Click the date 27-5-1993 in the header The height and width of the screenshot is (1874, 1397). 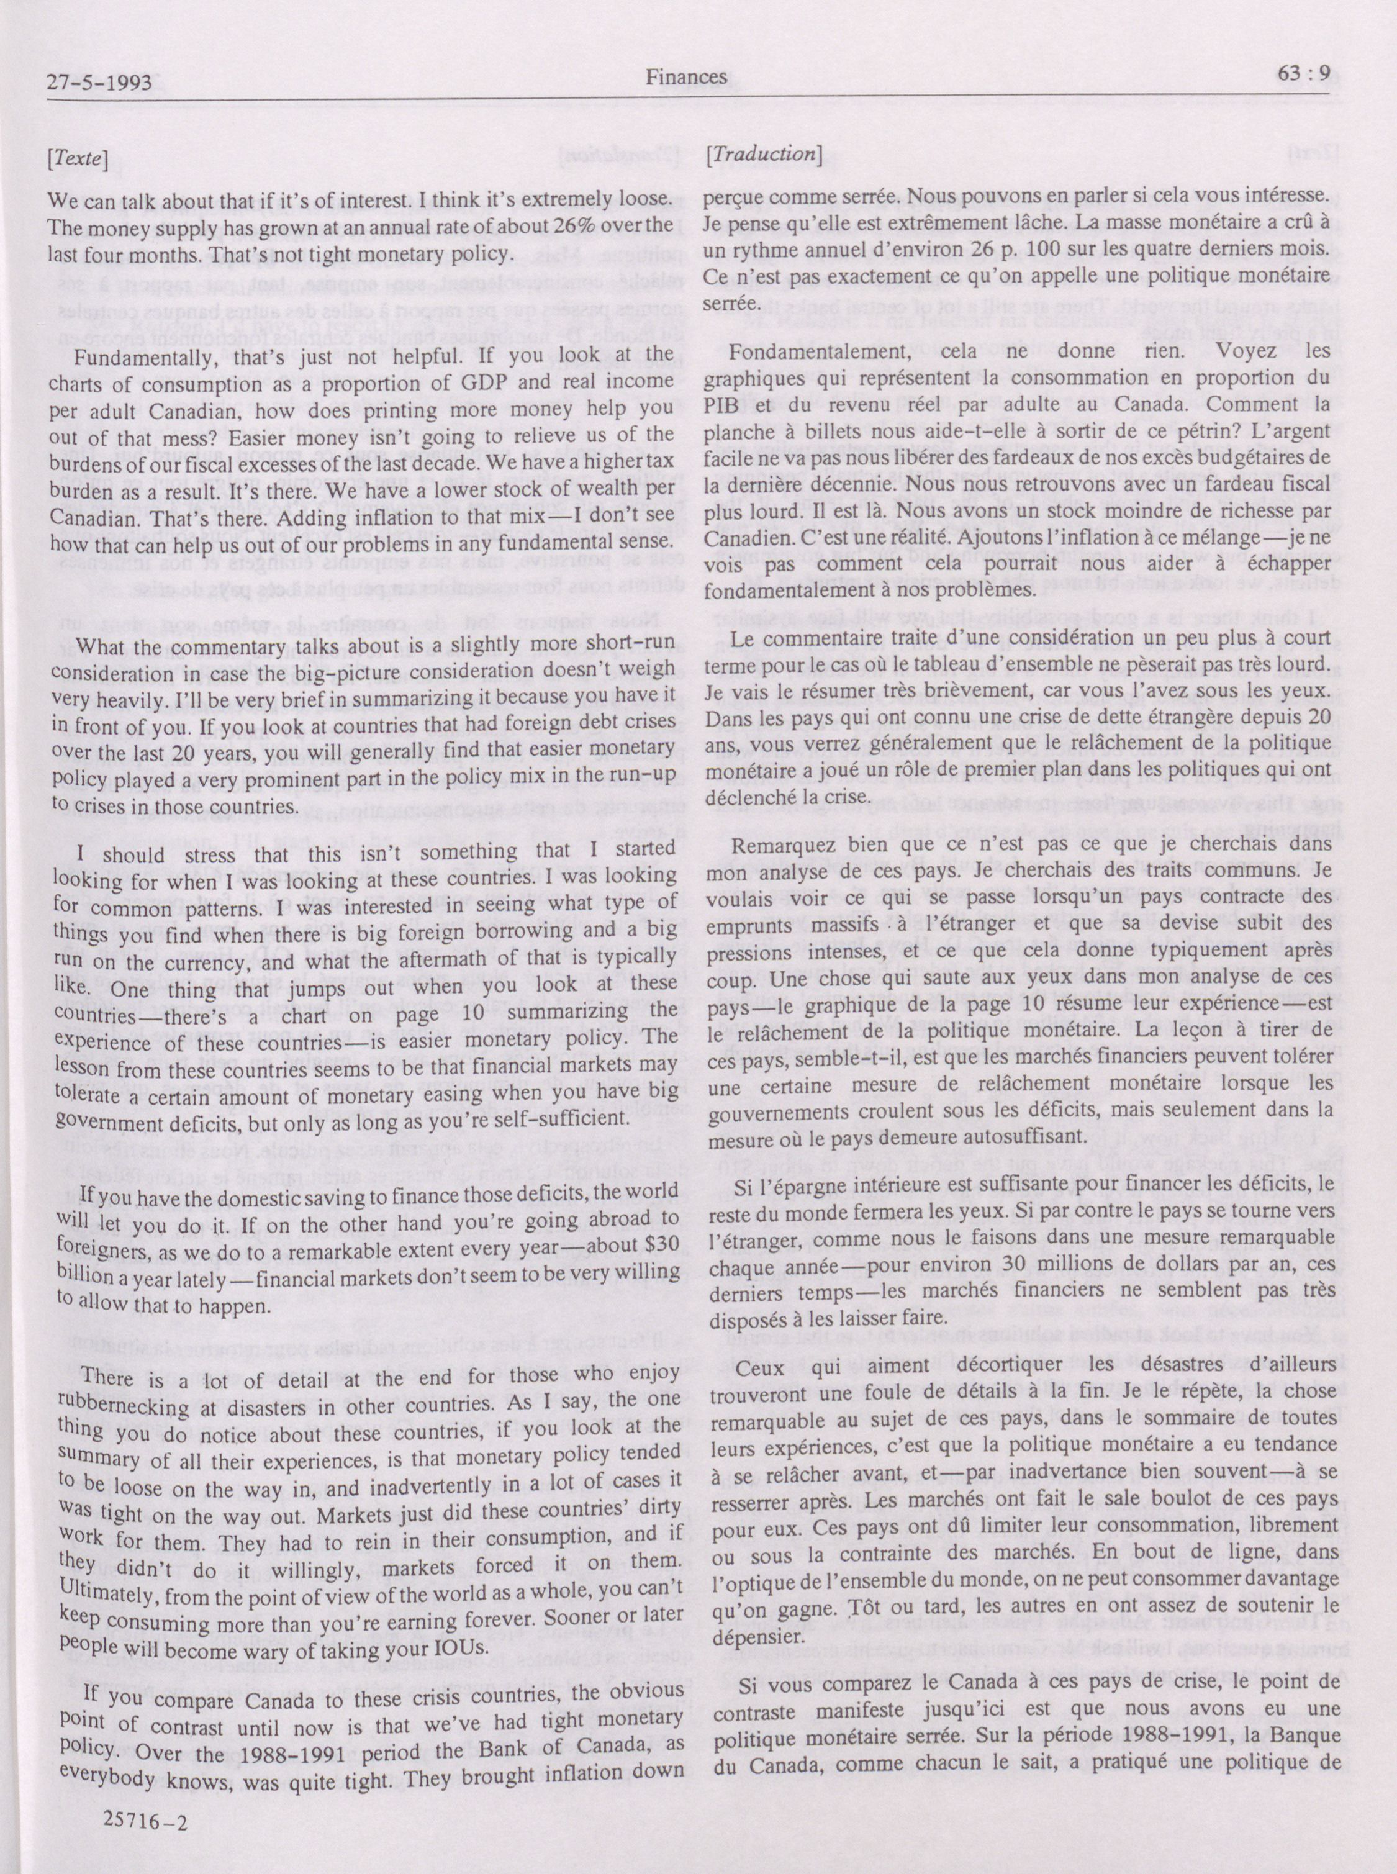[100, 82]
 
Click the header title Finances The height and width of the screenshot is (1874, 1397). [686, 77]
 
